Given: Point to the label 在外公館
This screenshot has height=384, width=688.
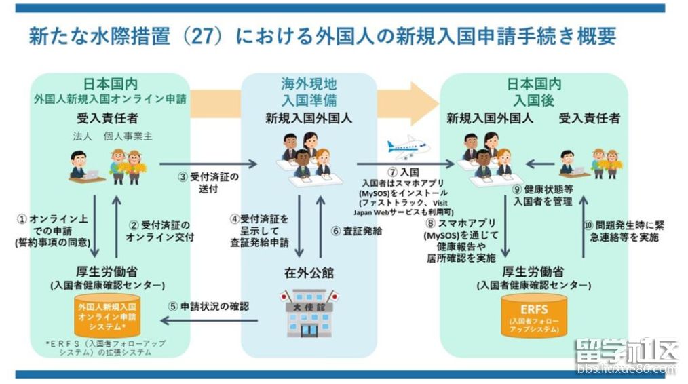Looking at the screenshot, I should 310,274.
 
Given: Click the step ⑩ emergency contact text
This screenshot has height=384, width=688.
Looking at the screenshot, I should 623,230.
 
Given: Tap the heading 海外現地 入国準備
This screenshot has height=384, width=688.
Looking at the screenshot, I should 309,93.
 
